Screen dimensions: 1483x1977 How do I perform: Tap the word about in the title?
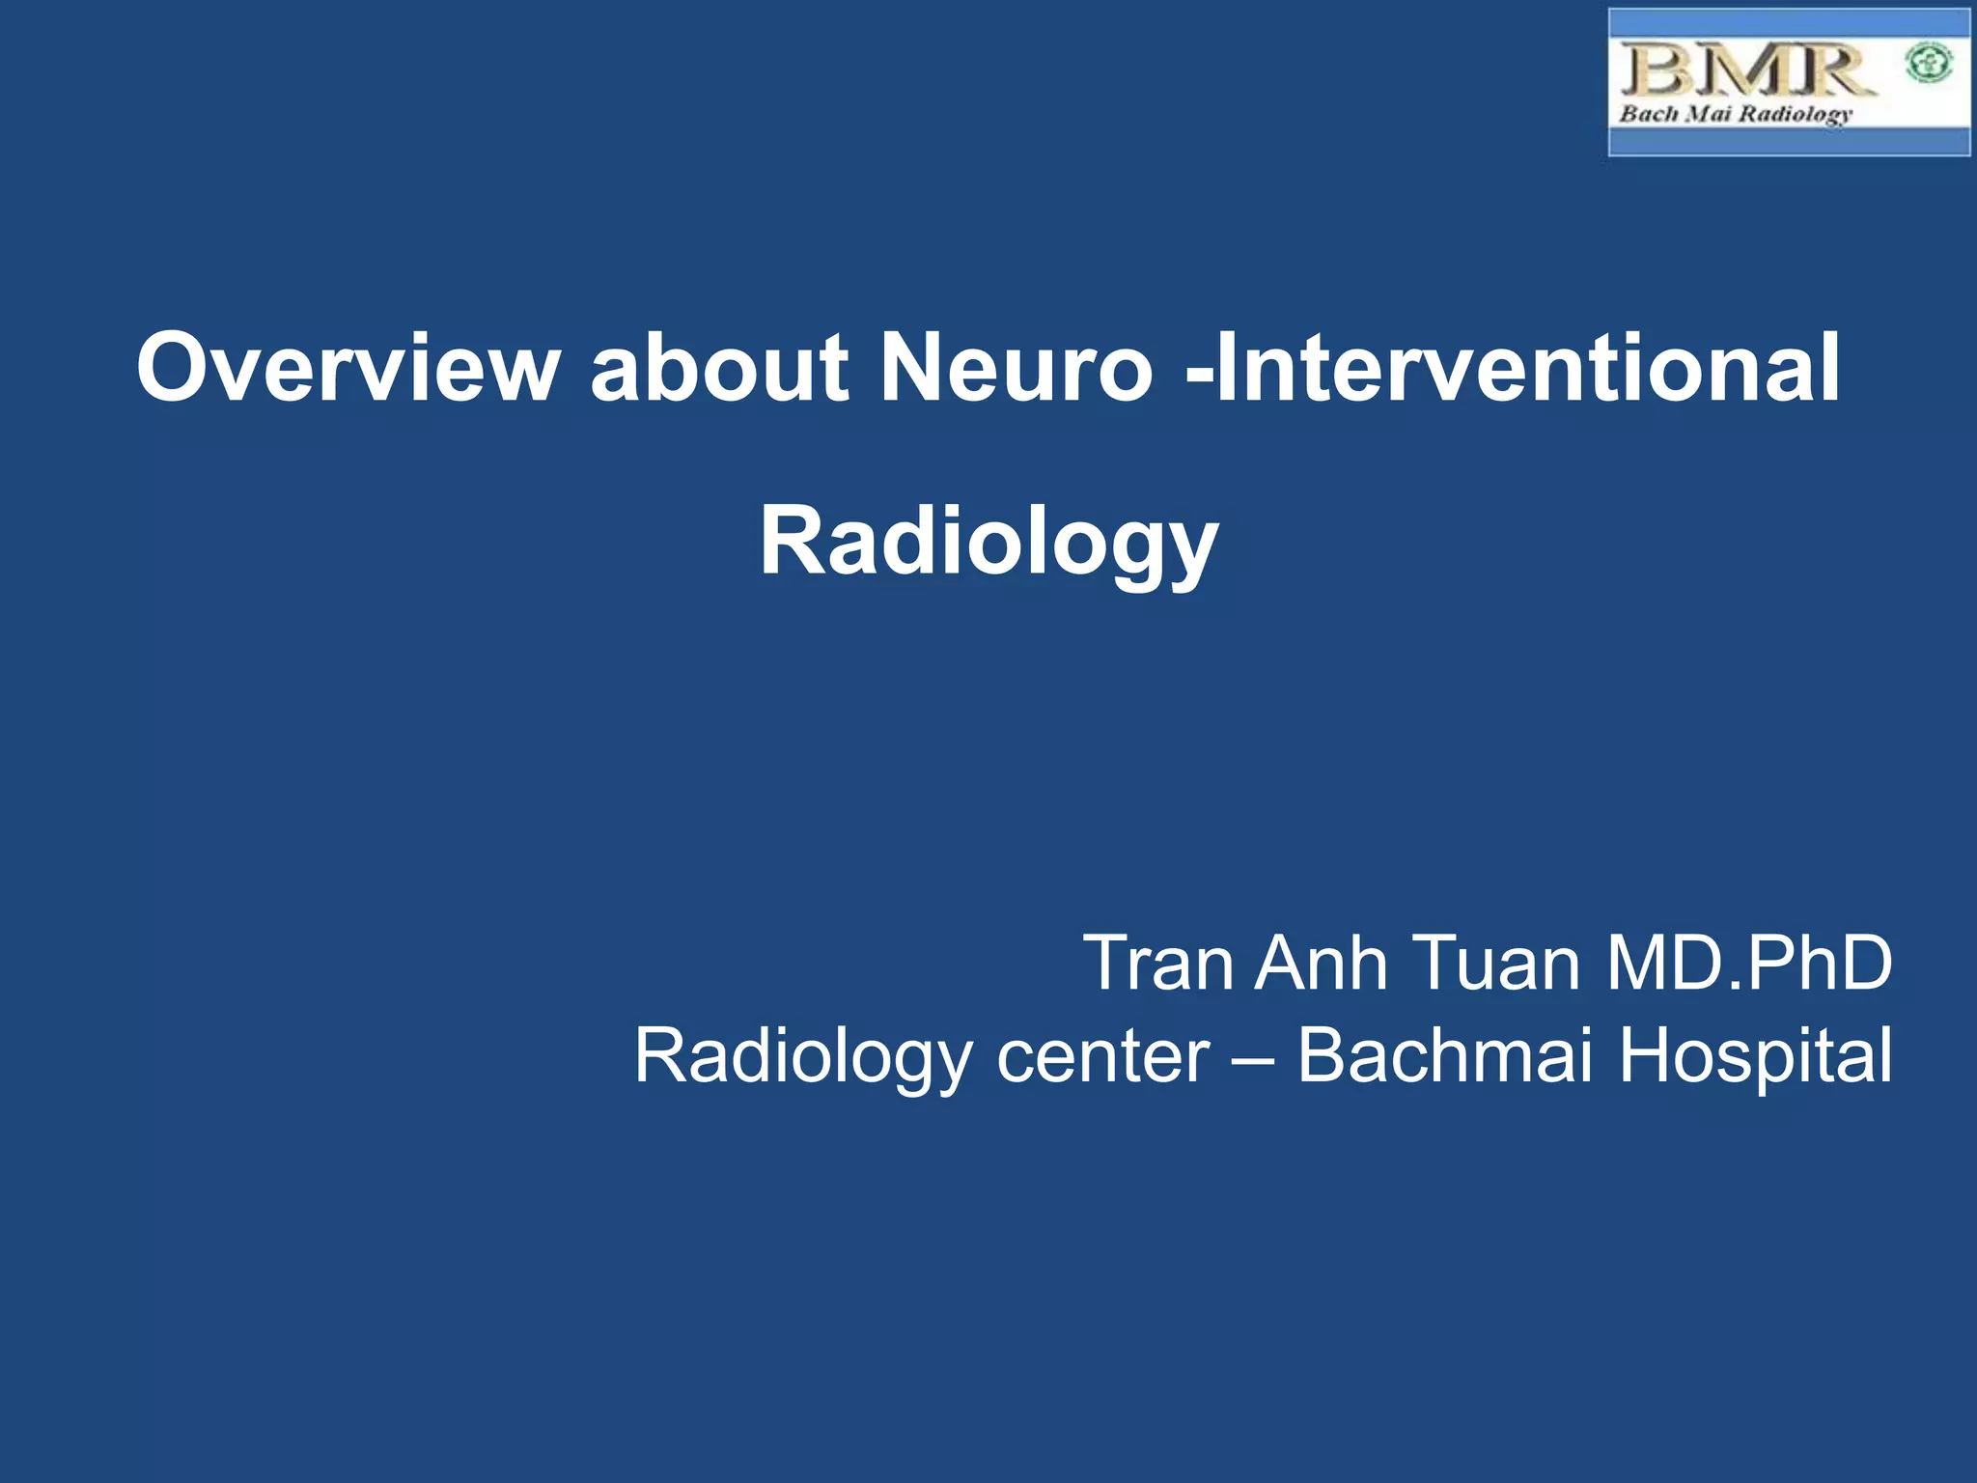point(719,368)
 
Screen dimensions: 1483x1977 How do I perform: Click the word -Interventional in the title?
point(1514,368)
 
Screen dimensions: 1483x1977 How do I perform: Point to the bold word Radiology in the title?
point(988,543)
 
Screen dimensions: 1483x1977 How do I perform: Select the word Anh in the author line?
point(1321,963)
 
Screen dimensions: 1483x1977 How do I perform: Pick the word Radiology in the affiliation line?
point(803,1057)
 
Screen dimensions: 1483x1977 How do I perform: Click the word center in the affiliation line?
point(1102,1057)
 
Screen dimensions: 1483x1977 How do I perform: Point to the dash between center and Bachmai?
point(1253,1057)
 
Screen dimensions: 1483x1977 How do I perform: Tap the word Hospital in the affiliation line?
point(1755,1057)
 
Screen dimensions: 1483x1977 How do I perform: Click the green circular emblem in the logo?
point(1929,65)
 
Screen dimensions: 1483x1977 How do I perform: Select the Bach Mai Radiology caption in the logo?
point(1736,114)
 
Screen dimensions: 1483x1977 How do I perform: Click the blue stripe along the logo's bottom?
point(1789,143)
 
